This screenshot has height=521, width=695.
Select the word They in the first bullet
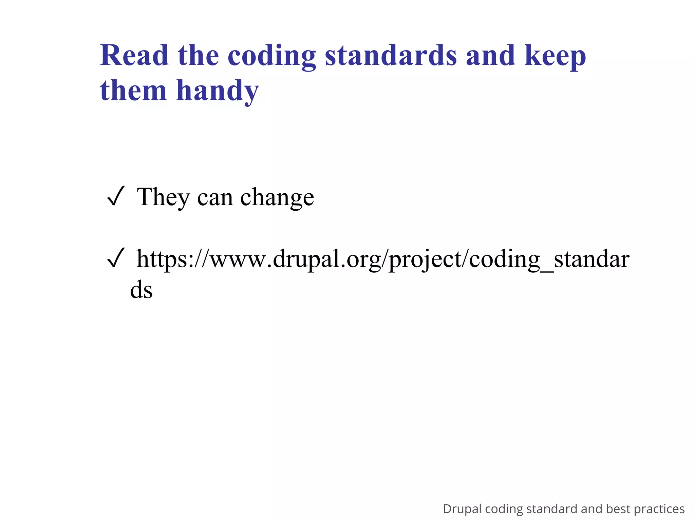163,197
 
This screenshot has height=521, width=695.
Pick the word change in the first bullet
277,198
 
